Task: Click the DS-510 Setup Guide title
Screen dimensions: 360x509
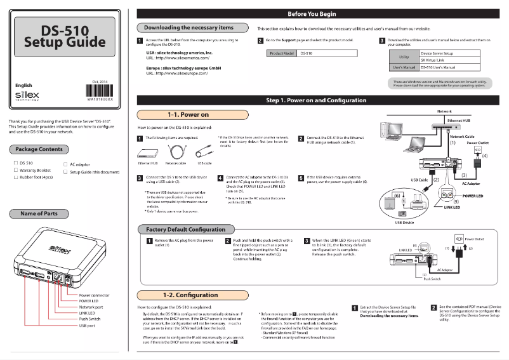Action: click(64, 37)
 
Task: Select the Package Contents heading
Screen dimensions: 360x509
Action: click(39, 149)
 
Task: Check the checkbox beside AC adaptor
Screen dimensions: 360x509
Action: click(65, 164)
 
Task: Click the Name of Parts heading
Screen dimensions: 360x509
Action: click(39, 213)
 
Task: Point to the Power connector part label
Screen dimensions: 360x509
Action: click(94, 295)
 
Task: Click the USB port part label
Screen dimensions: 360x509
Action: click(87, 325)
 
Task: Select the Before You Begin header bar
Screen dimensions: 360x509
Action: click(321, 13)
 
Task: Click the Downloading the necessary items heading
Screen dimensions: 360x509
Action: click(188, 28)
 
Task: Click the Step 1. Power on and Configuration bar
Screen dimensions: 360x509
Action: click(321, 100)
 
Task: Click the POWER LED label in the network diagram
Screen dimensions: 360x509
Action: click(472, 196)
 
